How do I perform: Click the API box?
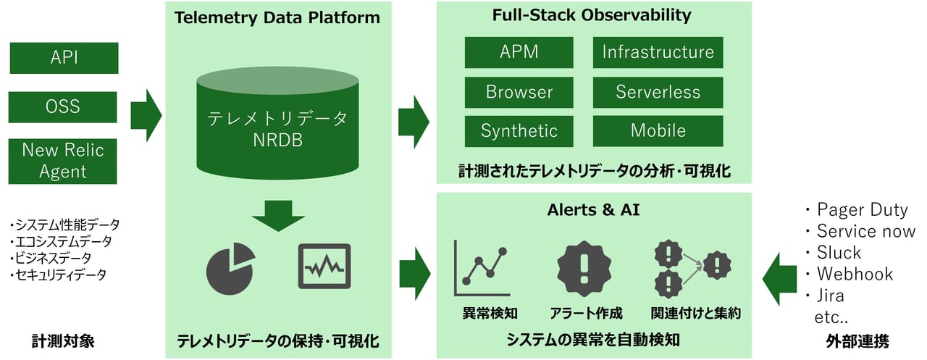click(64, 58)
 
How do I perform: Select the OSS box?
click(64, 107)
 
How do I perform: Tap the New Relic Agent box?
click(64, 161)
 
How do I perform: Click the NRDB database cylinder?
click(278, 127)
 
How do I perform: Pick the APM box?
click(519, 52)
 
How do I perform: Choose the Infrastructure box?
click(658, 52)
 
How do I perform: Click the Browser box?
click(519, 92)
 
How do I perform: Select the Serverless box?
click(658, 92)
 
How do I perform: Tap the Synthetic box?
click(519, 131)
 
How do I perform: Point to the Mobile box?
click(658, 131)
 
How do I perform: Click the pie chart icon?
click(230, 267)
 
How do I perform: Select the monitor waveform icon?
click(324, 267)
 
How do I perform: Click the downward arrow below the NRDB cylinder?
click(278, 214)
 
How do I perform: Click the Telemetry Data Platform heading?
click(278, 17)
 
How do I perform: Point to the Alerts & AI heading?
click(593, 210)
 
